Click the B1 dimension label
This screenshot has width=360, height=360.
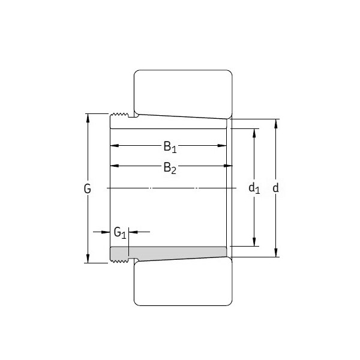[x=170, y=147]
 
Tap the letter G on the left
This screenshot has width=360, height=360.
[x=88, y=188]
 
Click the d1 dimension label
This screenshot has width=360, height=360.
[x=254, y=188]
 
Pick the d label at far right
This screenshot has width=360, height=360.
[x=276, y=188]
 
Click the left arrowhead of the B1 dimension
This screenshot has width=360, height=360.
[x=114, y=145]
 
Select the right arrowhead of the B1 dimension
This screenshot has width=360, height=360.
[x=222, y=145]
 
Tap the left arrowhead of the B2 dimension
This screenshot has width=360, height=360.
[x=114, y=166]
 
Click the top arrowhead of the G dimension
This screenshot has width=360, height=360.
[x=88, y=118]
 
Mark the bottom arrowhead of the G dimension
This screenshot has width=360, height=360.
[x=88, y=259]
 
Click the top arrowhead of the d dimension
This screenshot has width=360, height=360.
[x=276, y=124]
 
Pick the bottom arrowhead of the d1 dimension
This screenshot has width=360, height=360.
[x=254, y=241]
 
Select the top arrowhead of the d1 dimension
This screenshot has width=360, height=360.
[x=254, y=133]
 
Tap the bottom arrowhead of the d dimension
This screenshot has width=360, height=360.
[x=276, y=253]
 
